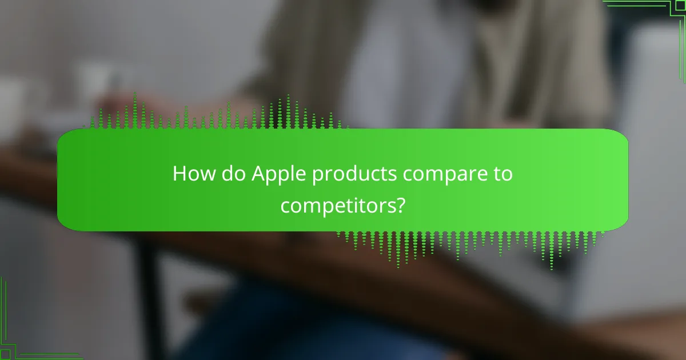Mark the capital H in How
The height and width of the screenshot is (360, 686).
pyautogui.click(x=179, y=174)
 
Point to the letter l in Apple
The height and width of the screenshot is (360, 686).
pyautogui.click(x=293, y=174)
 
